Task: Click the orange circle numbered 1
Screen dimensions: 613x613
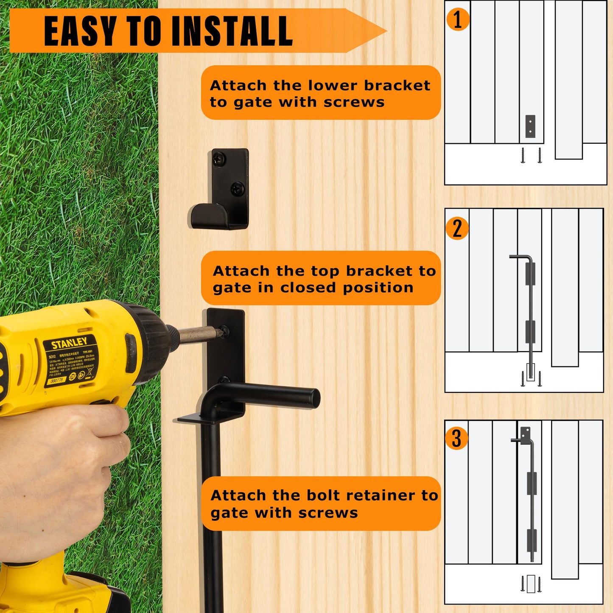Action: click(x=457, y=20)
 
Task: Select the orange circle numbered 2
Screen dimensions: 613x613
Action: click(x=457, y=228)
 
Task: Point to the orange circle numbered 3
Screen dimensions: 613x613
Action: click(x=456, y=439)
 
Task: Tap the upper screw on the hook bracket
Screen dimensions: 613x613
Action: click(x=219, y=159)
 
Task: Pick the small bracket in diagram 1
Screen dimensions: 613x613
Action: click(x=530, y=126)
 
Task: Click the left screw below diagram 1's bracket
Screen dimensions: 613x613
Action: click(x=523, y=155)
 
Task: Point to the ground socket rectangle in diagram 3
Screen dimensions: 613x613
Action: click(x=531, y=584)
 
